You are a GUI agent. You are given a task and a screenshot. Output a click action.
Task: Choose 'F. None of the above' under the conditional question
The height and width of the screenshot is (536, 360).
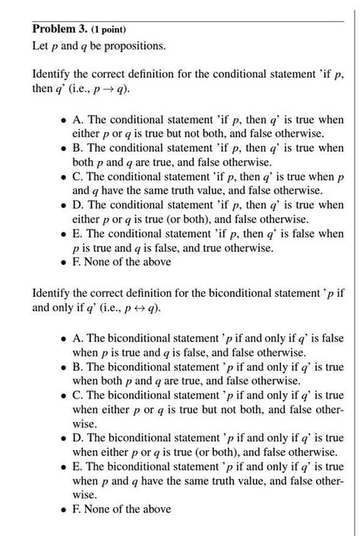pyautogui.click(x=116, y=261)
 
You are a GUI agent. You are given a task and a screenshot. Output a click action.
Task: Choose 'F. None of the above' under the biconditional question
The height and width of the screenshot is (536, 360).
pyautogui.click(x=116, y=509)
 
